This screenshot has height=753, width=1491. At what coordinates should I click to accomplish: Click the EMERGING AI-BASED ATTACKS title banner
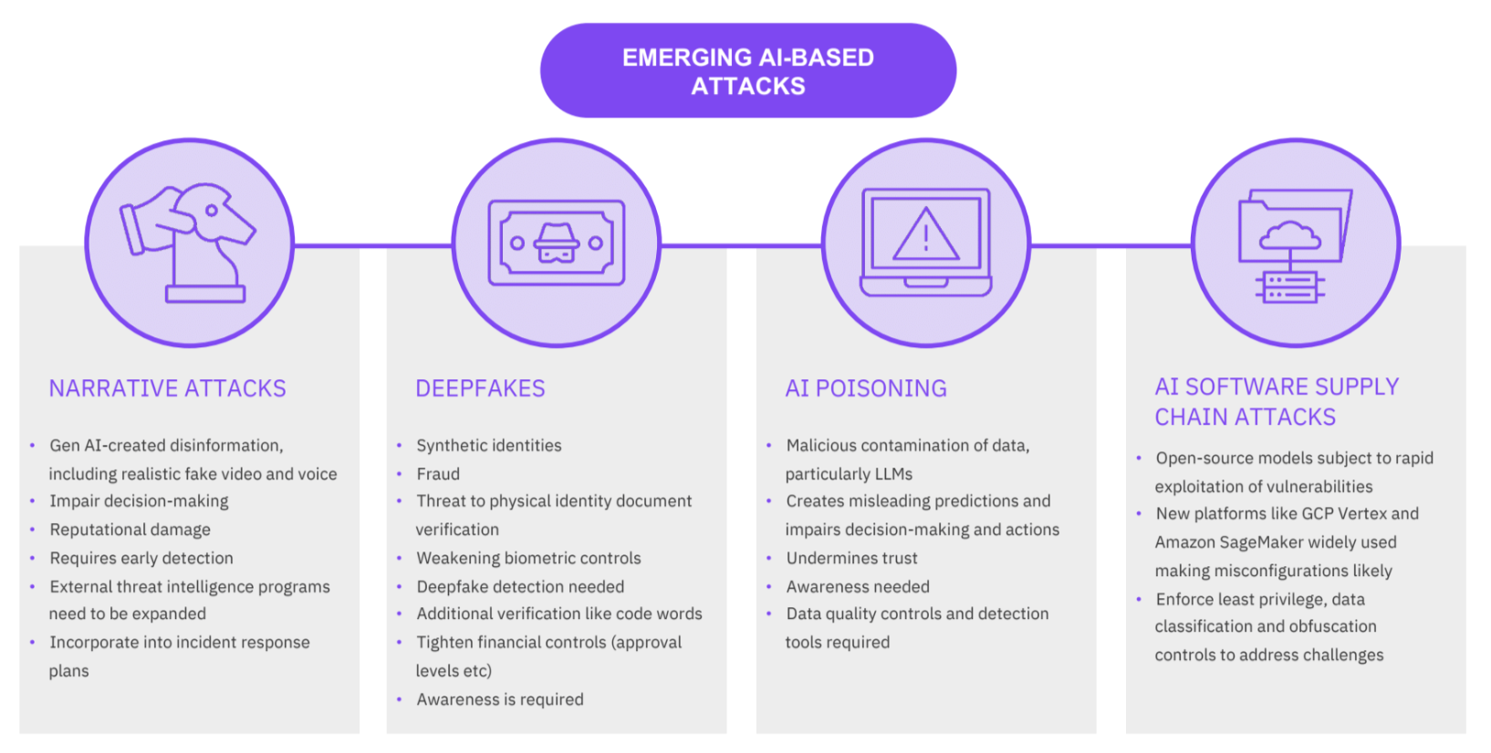[x=748, y=70]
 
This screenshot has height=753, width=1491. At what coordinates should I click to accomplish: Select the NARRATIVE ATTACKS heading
[x=168, y=388]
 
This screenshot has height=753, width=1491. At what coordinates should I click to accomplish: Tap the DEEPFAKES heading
[x=480, y=388]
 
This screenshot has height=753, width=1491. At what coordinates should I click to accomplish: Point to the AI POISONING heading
[x=865, y=388]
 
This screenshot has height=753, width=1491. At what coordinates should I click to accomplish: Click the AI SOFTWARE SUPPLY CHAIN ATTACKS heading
[x=1277, y=402]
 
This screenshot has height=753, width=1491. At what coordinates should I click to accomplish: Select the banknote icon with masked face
[x=557, y=242]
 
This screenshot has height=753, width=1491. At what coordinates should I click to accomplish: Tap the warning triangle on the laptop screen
[x=925, y=234]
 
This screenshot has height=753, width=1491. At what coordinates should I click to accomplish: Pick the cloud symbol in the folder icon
[x=1290, y=235]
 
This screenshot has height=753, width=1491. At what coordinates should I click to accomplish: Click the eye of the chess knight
[x=212, y=211]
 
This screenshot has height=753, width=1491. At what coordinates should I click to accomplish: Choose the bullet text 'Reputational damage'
[x=130, y=530]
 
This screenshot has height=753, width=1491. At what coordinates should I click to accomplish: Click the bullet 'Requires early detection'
[x=141, y=558]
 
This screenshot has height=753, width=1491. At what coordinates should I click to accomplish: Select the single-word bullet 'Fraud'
[x=438, y=474]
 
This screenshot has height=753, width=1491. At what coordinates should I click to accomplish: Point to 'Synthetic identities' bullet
[x=488, y=445]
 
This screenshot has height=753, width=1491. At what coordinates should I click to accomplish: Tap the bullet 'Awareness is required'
[x=500, y=700]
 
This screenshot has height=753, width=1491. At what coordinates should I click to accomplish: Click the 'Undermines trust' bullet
[x=851, y=558]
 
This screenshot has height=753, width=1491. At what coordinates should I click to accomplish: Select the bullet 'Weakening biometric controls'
[x=528, y=558]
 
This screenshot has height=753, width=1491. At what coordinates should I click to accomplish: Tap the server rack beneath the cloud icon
[x=1290, y=287]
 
